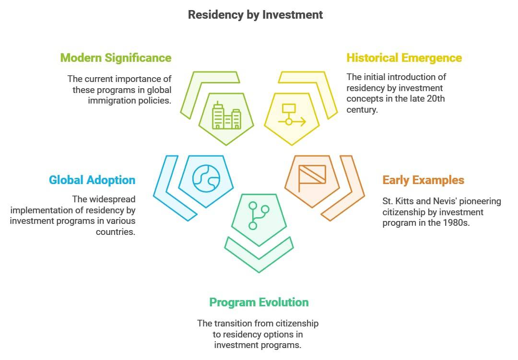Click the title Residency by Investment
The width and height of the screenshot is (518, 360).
click(255, 15)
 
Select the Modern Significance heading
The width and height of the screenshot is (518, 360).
click(116, 58)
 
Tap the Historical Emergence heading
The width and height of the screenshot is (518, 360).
click(404, 58)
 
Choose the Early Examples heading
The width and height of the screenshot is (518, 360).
click(423, 180)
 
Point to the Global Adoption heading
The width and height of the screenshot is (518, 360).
click(92, 180)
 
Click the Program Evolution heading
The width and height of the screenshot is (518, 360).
click(259, 302)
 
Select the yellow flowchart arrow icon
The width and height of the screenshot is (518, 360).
click(291, 115)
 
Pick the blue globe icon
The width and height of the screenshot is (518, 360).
click(206, 178)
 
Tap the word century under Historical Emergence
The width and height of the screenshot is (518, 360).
click(362, 110)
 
